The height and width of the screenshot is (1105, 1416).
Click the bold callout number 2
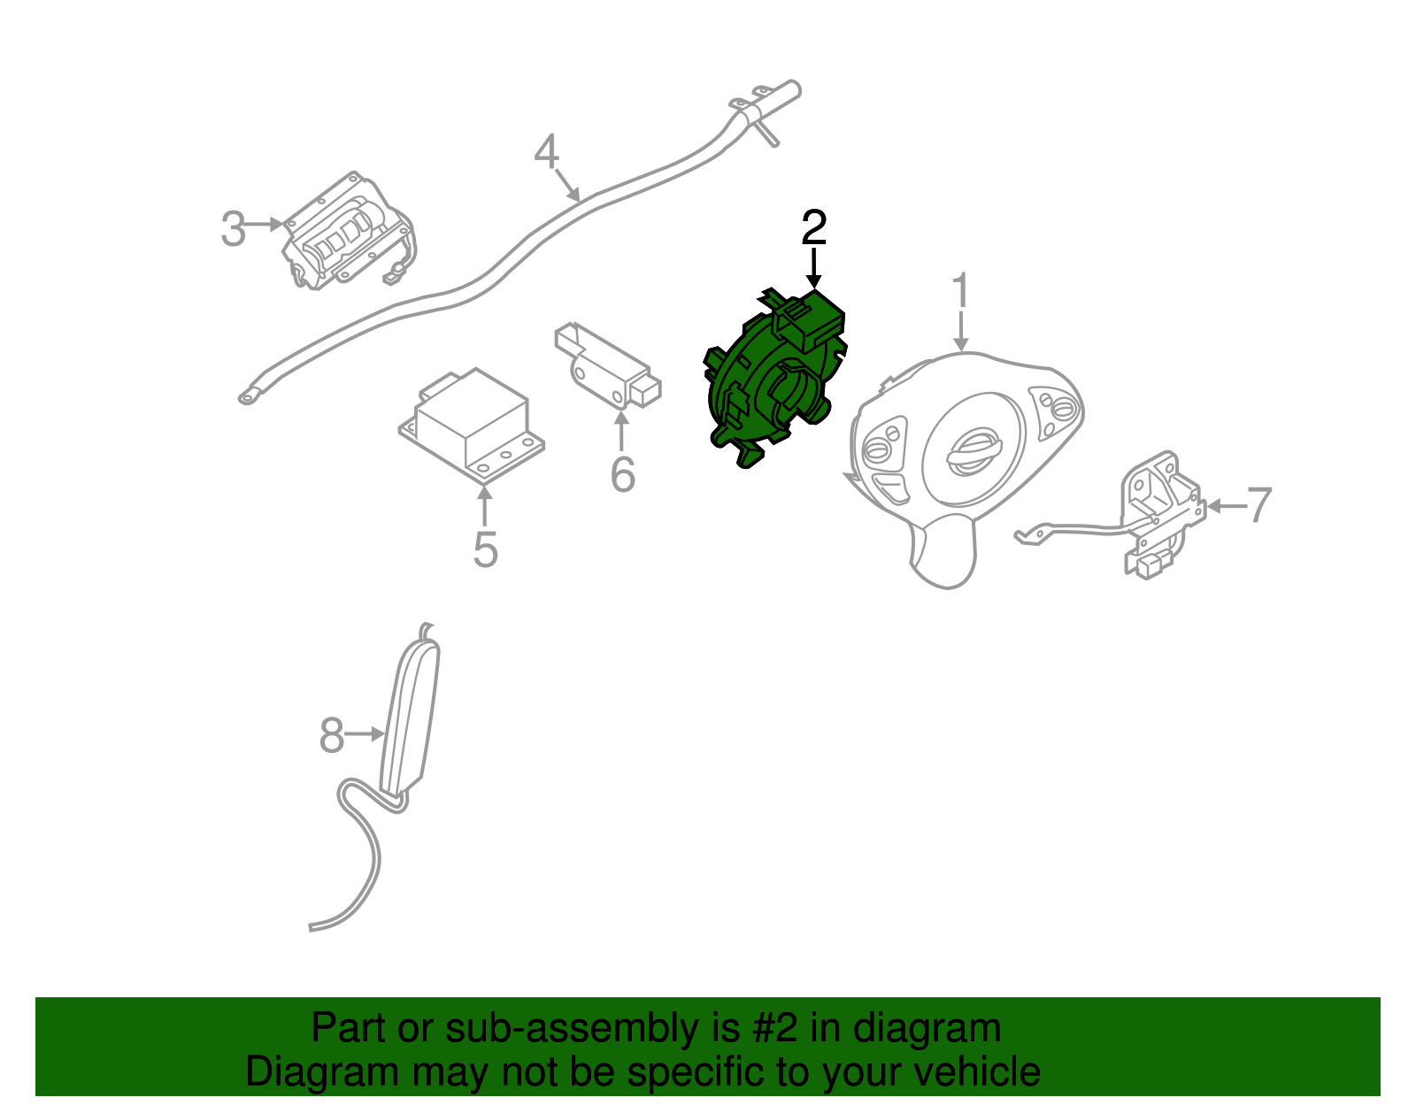tap(813, 228)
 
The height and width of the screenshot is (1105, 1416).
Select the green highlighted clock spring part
tap(768, 380)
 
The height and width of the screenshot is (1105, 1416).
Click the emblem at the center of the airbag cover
tap(973, 451)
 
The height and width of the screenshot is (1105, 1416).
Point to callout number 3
tap(233, 229)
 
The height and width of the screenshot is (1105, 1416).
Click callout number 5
tap(485, 549)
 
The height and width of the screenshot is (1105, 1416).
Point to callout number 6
tap(623, 475)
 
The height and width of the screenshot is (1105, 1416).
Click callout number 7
tap(1258, 505)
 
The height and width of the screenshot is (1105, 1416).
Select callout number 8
tap(331, 735)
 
